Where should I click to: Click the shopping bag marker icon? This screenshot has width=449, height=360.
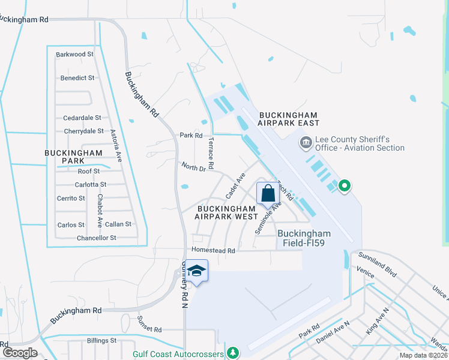268,193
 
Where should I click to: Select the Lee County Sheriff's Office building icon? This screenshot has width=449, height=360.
306,143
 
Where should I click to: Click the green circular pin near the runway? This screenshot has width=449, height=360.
344,187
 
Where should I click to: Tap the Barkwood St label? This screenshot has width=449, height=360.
75,54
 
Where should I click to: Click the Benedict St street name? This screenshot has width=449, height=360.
77,78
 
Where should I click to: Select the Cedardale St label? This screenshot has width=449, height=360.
82,118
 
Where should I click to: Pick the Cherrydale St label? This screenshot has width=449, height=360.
83,131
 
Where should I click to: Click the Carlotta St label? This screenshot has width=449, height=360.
91,185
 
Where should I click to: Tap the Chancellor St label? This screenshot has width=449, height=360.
96,238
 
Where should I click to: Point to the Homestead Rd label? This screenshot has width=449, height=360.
213,249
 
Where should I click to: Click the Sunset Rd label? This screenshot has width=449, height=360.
149,330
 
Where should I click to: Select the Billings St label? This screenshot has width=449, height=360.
101,341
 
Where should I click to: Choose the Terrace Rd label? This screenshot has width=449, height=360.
211,152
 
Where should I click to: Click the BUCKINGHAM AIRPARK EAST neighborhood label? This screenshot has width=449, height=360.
287,118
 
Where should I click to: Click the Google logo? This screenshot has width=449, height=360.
19,353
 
